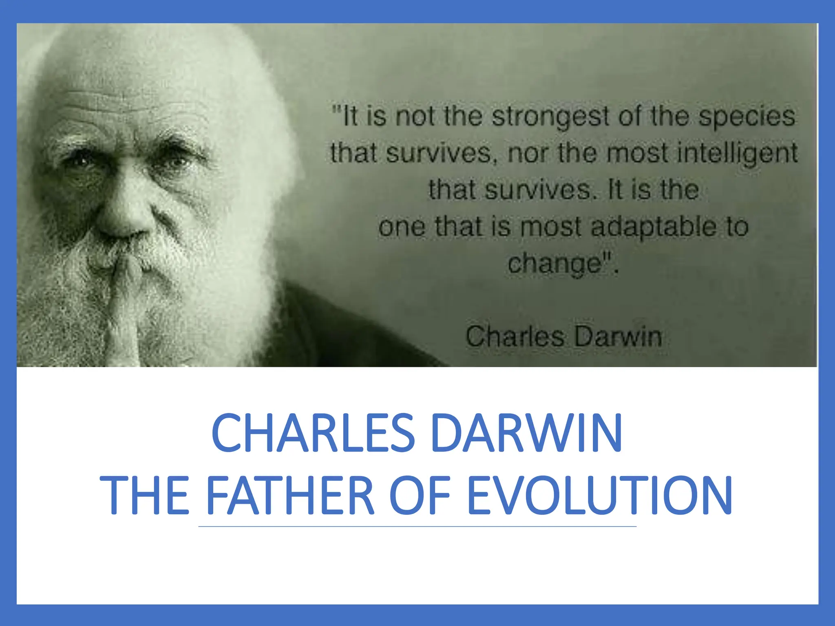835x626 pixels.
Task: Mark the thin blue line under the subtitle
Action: (x=417, y=527)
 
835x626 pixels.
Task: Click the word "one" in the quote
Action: (x=402, y=227)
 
